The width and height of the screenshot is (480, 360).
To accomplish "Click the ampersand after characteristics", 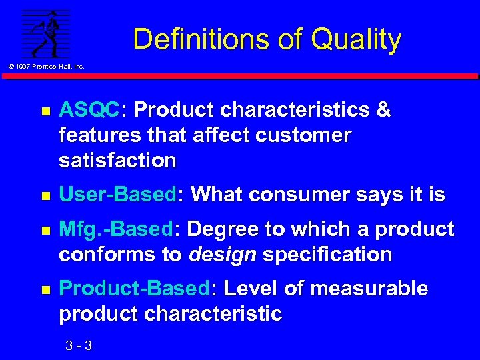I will coord(383,110).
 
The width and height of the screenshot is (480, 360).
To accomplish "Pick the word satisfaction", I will coord(117,161).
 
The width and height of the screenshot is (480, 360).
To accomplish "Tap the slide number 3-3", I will coord(79,345).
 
